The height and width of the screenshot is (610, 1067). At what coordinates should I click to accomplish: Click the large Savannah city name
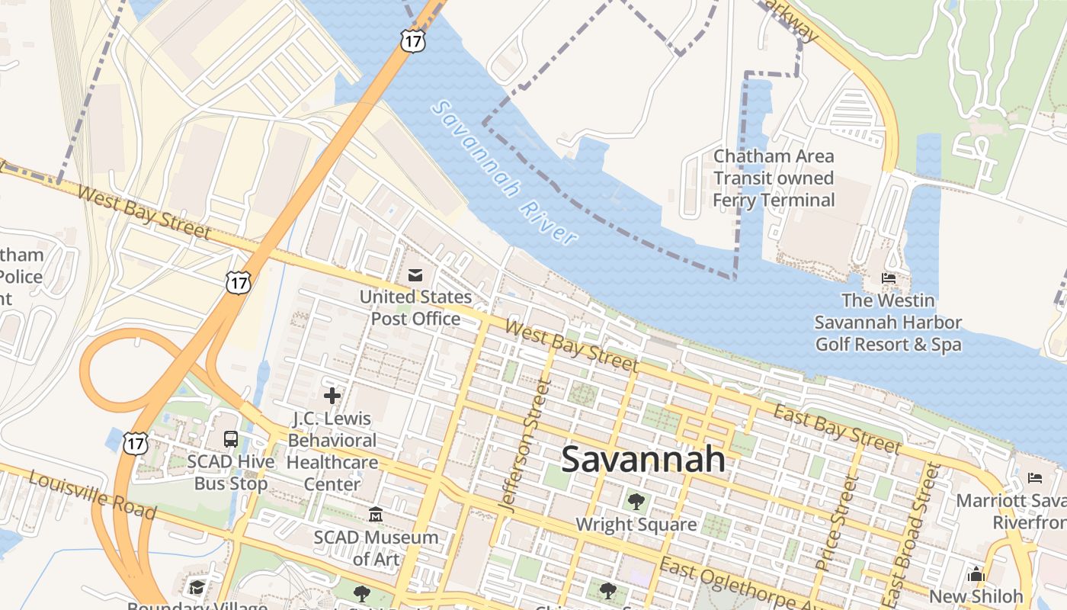(x=643, y=460)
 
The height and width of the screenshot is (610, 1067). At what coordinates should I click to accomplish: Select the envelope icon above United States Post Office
(x=415, y=274)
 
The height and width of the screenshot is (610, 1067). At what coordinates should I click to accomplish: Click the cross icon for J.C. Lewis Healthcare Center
(x=332, y=396)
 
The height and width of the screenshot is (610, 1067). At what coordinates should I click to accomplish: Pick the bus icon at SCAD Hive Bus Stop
(x=231, y=438)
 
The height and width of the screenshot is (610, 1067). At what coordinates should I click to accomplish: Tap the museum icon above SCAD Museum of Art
(x=376, y=515)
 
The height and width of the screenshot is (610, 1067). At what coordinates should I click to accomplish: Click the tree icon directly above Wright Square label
(x=636, y=502)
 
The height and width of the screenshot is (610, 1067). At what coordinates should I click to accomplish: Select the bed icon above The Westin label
(x=889, y=278)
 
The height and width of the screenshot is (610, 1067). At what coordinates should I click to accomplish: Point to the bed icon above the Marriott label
(x=1034, y=478)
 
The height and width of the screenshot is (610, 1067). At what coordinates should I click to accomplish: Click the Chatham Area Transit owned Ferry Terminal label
(x=774, y=178)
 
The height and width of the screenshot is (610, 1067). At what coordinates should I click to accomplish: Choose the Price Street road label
(x=837, y=523)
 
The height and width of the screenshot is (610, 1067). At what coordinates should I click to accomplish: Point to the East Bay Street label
(x=837, y=430)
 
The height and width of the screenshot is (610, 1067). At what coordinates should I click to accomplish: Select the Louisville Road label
(x=91, y=496)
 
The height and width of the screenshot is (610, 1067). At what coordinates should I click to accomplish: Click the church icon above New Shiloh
(x=976, y=574)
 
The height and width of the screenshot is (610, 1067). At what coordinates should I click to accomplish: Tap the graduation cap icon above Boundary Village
(x=197, y=587)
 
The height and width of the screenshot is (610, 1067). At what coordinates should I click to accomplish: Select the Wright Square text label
(x=636, y=525)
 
